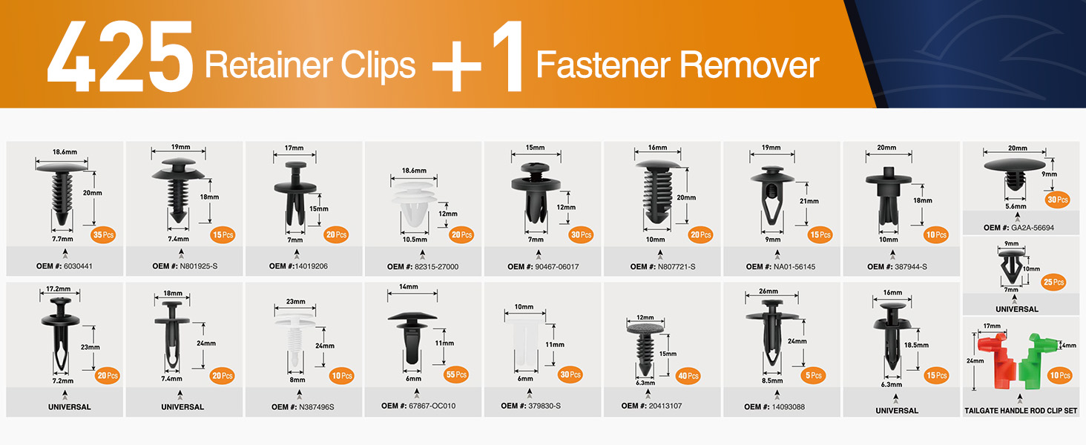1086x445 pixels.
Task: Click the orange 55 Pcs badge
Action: pos(455,375)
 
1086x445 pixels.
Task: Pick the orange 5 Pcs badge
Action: pos(814,375)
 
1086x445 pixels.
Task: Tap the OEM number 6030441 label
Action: pos(65,266)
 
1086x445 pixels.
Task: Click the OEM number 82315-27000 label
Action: pos(423,267)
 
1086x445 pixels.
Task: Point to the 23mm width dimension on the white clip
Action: pos(295,302)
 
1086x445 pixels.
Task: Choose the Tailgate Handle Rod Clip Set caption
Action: pos(1021,410)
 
